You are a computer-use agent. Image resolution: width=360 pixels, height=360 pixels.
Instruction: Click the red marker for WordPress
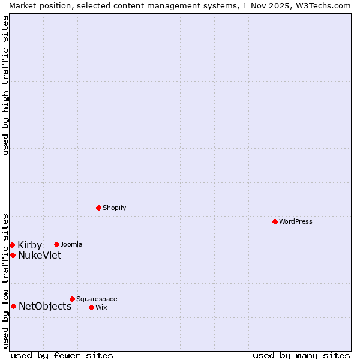pos(275,221)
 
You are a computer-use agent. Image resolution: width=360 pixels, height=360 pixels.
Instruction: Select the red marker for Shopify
pos(99,208)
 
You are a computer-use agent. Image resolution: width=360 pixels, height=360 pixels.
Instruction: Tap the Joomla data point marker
pos(56,244)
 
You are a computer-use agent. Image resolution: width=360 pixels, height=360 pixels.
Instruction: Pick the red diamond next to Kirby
pos(12,245)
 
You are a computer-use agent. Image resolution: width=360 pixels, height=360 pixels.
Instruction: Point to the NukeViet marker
pos(13,255)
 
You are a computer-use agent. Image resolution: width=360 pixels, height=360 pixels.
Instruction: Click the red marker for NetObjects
pos(13,306)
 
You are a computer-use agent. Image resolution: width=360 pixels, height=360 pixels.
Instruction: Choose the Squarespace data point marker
pos(72,299)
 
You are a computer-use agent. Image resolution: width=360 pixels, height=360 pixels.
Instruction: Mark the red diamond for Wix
pos(91,307)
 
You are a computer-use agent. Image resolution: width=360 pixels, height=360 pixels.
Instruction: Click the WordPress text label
pos(296,221)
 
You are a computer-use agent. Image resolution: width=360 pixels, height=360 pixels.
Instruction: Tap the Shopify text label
pos(114,208)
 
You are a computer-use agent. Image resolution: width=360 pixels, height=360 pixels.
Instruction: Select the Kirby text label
pos(29,245)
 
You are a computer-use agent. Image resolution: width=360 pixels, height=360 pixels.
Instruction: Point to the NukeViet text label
pos(40,255)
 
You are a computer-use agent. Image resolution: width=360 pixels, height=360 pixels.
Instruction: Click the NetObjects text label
pos(45,306)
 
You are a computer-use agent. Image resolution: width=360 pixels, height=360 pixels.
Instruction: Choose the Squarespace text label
pos(97,299)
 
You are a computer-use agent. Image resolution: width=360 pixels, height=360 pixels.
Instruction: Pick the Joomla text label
pos(71,244)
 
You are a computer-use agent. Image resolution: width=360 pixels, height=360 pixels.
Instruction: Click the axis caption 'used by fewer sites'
pos(62,355)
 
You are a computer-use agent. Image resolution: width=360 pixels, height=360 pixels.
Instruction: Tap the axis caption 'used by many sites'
pos(301,355)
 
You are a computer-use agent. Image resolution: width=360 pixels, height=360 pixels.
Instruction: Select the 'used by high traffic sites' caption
pos(5,85)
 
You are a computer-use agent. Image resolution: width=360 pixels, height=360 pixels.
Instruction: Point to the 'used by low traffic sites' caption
pos(5,281)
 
